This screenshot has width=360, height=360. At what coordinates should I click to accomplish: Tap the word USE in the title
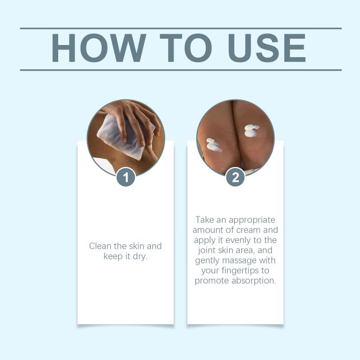click(266, 48)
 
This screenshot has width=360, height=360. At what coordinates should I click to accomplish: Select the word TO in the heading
click(185, 48)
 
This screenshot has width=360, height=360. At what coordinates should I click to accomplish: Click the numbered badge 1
click(126, 177)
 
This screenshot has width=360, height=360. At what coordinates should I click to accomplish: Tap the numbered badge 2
click(235, 177)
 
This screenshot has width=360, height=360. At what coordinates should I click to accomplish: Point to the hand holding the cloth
click(135, 121)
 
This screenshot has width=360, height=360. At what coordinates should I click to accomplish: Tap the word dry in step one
click(140, 256)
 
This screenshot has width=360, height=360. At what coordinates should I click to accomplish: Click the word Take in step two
click(205, 220)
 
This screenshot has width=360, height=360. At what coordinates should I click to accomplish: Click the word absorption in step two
click(254, 281)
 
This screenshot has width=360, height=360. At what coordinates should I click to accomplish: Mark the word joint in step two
click(207, 251)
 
